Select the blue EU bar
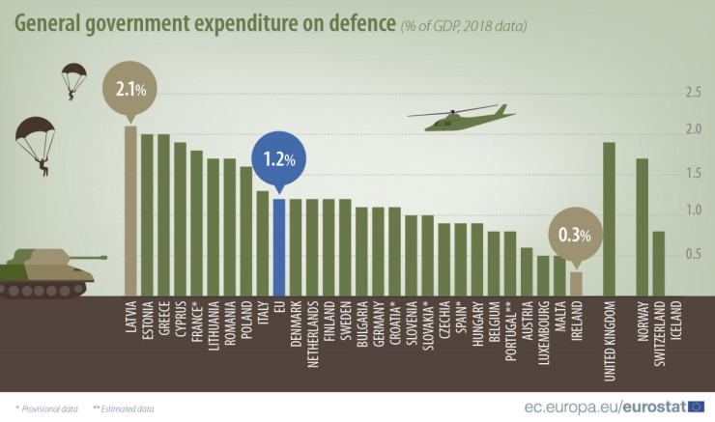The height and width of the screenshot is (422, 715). (278, 247)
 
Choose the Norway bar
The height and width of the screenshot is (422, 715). (642, 227)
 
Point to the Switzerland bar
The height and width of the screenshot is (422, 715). (658, 264)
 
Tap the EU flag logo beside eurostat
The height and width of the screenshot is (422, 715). (696, 407)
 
